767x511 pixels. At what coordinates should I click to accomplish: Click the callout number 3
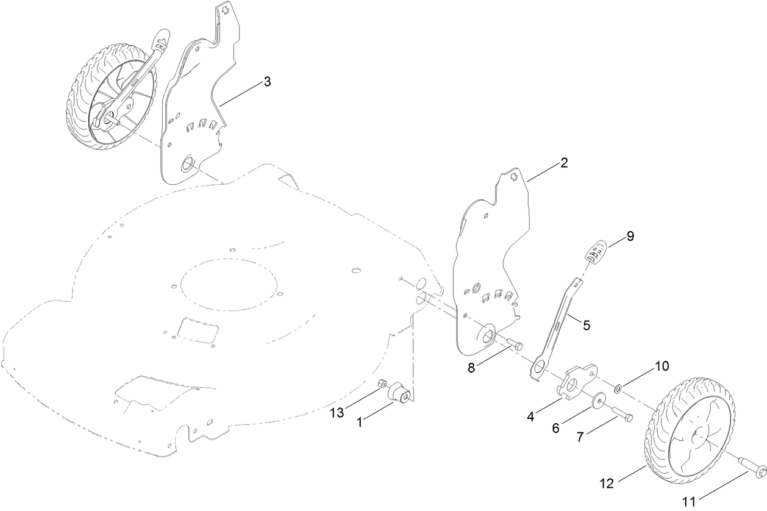[x=267, y=82]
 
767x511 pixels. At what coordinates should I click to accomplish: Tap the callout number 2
[x=564, y=163]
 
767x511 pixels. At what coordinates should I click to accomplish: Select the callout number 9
[x=630, y=236]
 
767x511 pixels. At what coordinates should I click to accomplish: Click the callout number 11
[x=688, y=502]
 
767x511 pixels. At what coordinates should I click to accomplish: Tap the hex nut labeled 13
[x=383, y=384]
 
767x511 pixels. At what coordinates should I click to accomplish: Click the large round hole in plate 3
[x=187, y=163]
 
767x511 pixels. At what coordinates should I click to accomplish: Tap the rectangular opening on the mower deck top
[x=196, y=331]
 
